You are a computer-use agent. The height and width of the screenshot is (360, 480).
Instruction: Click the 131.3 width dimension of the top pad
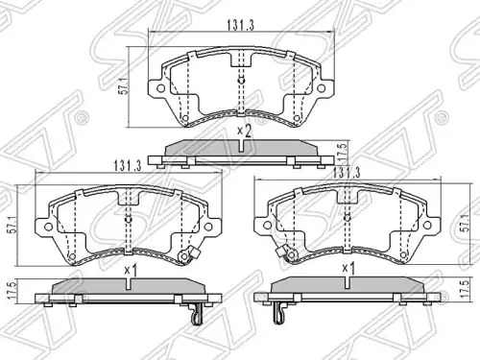241,25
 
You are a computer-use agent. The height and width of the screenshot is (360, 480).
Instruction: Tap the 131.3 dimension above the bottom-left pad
128,166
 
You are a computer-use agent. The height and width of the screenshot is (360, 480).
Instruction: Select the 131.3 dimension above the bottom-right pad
347,173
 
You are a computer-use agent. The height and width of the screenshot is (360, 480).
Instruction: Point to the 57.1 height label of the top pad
123,86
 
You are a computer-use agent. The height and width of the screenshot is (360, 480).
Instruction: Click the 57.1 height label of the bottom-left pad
12,226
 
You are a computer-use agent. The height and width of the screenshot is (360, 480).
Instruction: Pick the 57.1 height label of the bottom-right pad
466,223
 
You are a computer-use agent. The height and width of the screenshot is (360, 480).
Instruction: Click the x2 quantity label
244,132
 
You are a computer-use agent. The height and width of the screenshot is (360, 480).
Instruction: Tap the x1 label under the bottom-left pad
131,271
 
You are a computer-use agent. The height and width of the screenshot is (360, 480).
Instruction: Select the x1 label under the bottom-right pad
348,268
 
